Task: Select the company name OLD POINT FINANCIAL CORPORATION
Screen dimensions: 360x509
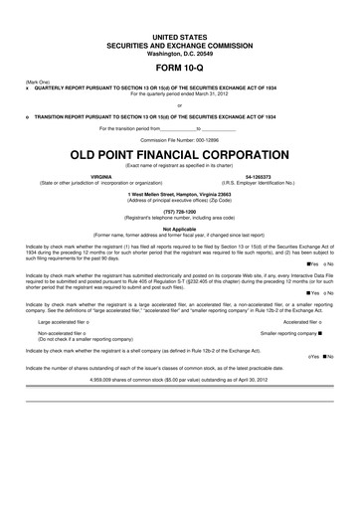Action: click(x=180, y=157)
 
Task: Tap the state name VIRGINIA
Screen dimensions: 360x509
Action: click(x=99, y=175)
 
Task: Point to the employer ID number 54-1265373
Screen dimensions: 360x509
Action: click(x=258, y=175)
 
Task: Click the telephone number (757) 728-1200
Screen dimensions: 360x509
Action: click(x=180, y=213)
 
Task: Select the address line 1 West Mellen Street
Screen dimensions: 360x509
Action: click(x=180, y=194)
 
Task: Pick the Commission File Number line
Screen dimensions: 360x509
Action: click(x=180, y=141)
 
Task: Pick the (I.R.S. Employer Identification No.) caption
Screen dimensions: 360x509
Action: click(x=258, y=181)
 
